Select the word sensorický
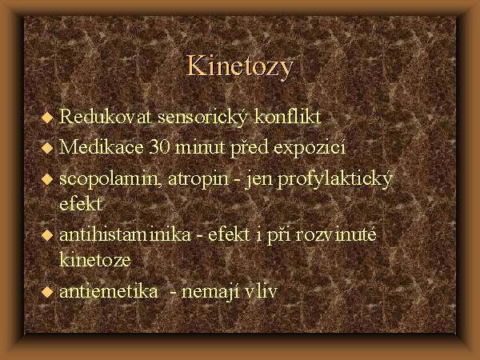point(202,117)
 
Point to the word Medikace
point(102,147)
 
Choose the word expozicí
point(309,148)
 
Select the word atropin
point(198,179)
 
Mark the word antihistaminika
point(125,234)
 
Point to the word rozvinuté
point(336,234)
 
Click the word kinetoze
point(95,259)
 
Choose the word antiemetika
point(109,291)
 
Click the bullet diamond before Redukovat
point(47,118)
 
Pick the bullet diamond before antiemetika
point(47,292)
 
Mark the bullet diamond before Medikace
point(47,148)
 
